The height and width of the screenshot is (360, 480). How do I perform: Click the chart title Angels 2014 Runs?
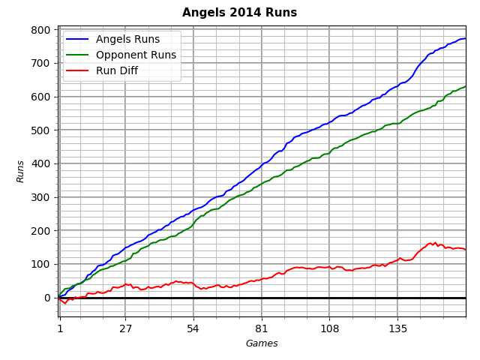239,13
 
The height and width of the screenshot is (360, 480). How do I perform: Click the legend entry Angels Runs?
133,40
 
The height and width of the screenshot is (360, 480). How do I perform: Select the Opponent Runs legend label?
141,55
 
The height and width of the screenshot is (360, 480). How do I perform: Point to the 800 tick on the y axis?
43,30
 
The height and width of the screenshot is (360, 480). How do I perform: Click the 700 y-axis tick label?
43,64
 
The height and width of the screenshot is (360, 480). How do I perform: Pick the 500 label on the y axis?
43,130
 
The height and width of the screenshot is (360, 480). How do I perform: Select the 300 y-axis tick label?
43,197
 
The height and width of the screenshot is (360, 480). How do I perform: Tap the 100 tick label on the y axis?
43,264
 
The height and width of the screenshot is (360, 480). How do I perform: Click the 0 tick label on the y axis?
48,298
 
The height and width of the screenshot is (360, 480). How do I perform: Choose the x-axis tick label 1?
60,328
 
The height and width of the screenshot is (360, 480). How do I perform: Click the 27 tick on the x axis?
125,328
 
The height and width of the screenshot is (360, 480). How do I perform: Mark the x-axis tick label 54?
193,328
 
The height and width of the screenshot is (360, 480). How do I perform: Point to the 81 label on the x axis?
261,328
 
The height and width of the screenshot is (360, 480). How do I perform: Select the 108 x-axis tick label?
329,328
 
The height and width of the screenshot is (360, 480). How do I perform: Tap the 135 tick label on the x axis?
397,328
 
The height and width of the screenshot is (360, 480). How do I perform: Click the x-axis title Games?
262,343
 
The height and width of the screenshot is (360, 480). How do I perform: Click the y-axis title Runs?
21,171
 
